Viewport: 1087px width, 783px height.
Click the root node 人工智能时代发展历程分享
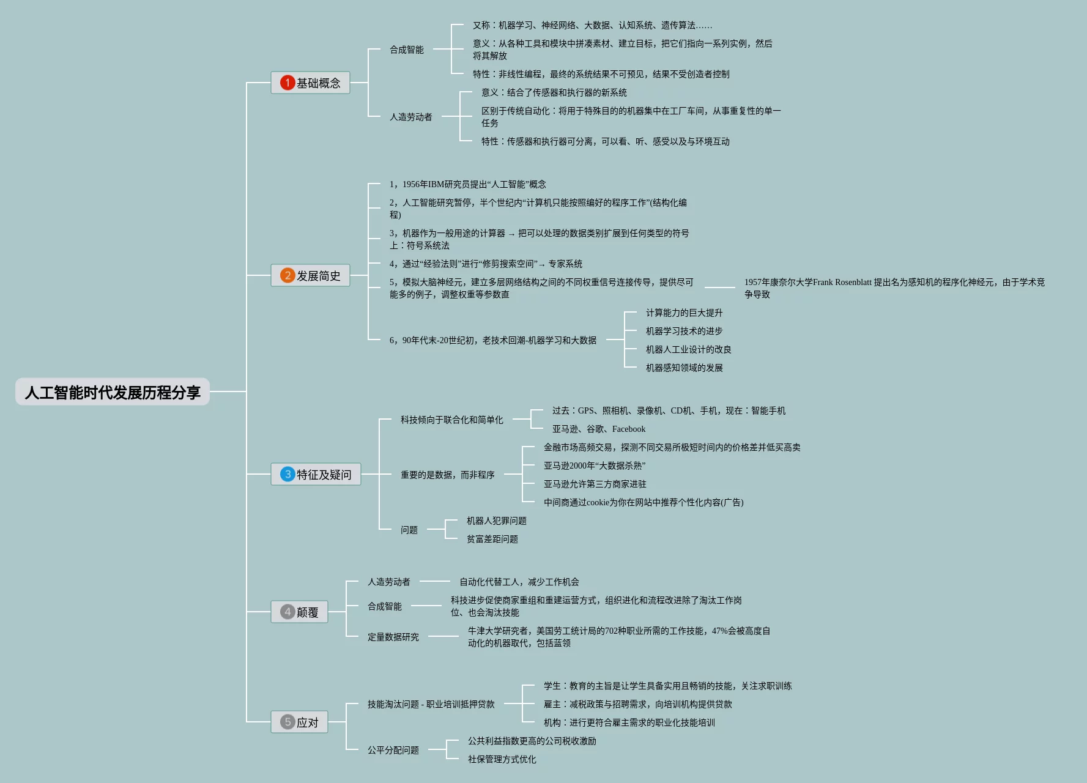click(x=113, y=392)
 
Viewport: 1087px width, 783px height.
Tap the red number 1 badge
click(x=288, y=83)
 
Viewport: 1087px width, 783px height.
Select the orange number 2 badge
click(x=288, y=275)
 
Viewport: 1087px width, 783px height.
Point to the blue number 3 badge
click(x=288, y=474)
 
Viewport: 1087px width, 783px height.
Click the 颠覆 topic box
click(x=300, y=612)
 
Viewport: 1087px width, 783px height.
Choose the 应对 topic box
click(x=300, y=722)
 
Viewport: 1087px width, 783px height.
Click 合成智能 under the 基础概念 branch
click(x=407, y=50)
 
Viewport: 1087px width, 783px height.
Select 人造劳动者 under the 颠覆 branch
click(x=389, y=582)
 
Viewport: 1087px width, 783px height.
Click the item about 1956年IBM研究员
click(x=468, y=184)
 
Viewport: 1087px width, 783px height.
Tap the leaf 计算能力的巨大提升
click(x=684, y=313)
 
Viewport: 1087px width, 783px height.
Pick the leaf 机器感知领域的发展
click(x=684, y=368)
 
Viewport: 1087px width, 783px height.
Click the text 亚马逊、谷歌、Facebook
click(x=598, y=429)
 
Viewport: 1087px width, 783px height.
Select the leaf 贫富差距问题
click(x=492, y=539)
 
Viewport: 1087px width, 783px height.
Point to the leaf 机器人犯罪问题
click(x=496, y=521)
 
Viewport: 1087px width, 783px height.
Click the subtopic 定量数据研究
click(x=393, y=637)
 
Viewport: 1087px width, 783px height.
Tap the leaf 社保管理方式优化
click(x=502, y=759)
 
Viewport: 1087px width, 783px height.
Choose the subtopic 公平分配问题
click(x=393, y=750)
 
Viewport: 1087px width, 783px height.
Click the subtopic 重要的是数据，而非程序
click(x=448, y=475)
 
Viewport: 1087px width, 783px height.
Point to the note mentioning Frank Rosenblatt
click(x=894, y=288)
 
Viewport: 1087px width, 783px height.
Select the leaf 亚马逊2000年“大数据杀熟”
click(x=594, y=466)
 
